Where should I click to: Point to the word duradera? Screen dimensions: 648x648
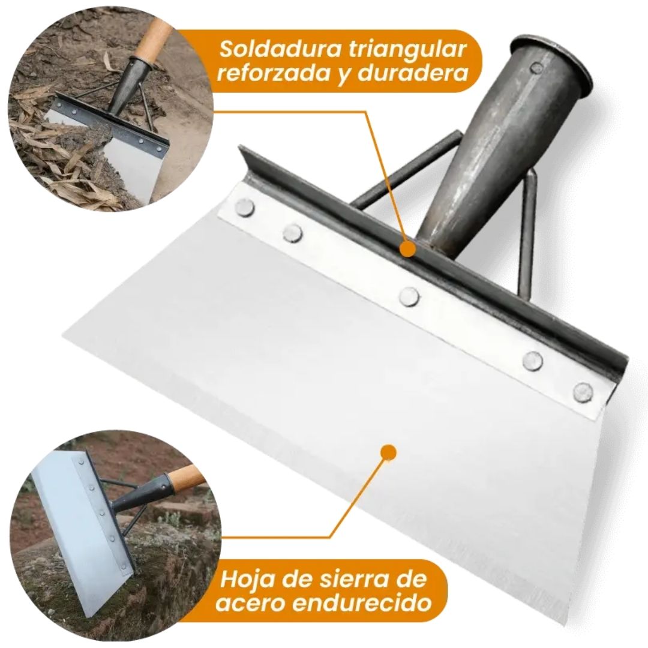[x=413, y=74]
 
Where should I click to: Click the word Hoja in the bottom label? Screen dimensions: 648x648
[x=247, y=579]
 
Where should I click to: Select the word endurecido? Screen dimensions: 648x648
[x=363, y=603]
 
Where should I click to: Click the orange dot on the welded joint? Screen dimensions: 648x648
[x=408, y=249]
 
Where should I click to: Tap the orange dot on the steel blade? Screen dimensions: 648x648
[x=388, y=452]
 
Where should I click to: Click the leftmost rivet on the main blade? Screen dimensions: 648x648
[x=244, y=206]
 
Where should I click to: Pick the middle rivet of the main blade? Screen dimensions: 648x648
[x=409, y=297]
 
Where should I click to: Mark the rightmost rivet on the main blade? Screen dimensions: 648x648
[x=583, y=392]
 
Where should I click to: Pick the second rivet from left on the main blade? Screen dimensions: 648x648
[x=293, y=233]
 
